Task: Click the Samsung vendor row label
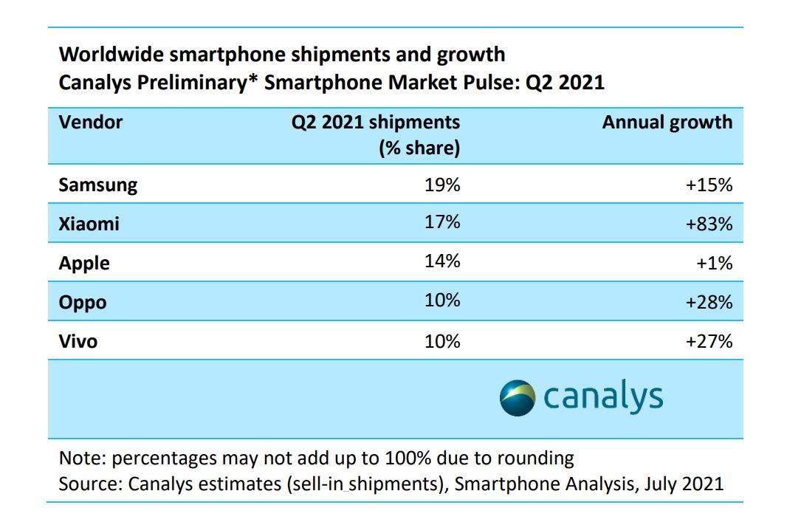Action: click(x=98, y=185)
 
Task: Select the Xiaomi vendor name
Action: click(x=89, y=224)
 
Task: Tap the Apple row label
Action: click(x=84, y=263)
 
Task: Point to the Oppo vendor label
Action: click(x=83, y=302)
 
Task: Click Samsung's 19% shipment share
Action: click(x=443, y=185)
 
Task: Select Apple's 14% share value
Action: click(x=443, y=263)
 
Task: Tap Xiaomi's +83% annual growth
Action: click(x=709, y=224)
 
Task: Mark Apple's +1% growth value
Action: click(x=715, y=263)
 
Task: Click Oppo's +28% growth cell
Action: click(x=709, y=302)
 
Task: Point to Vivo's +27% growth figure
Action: click(x=709, y=341)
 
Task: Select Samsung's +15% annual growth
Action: click(x=709, y=185)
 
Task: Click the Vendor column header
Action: click(x=91, y=122)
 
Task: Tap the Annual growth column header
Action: click(x=667, y=122)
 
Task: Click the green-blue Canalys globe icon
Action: click(x=517, y=397)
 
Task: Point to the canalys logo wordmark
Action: click(x=603, y=397)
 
